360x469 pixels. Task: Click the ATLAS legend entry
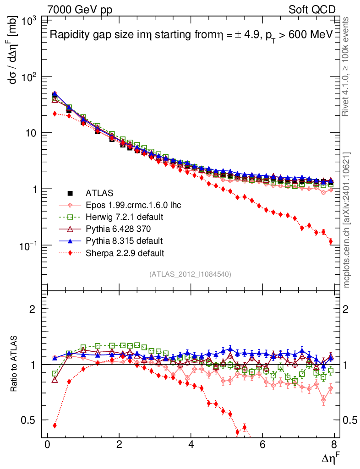coord(99,193)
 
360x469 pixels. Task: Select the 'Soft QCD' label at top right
coord(312,9)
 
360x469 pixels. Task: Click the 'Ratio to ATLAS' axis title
coord(14,364)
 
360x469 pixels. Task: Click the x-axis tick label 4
coord(191,446)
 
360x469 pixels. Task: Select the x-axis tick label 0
coord(47,446)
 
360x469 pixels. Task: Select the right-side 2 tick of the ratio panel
coord(349,309)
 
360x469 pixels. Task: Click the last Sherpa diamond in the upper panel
coord(331,242)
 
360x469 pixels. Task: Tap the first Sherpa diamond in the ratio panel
coord(55,425)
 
